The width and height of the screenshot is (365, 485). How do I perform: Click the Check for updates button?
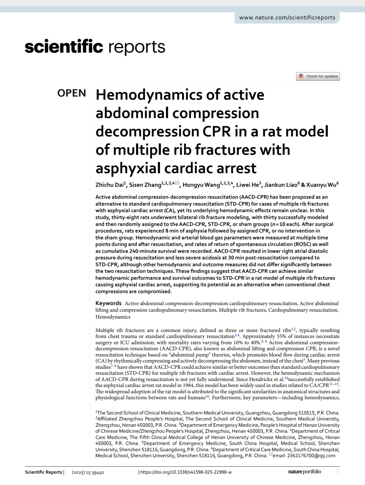(x=318, y=77)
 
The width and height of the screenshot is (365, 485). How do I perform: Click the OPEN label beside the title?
(x=72, y=93)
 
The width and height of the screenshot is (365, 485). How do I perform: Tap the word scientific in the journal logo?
(x=64, y=47)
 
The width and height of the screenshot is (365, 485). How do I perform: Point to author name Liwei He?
(x=247, y=185)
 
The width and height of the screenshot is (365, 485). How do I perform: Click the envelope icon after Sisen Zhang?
(x=177, y=183)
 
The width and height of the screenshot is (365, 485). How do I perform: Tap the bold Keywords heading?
(x=108, y=303)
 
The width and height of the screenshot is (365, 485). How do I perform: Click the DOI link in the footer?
(x=186, y=472)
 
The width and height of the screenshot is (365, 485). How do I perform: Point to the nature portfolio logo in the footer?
(x=305, y=472)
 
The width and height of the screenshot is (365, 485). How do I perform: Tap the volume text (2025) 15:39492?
(x=88, y=472)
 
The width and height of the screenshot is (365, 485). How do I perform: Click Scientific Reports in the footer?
(x=43, y=472)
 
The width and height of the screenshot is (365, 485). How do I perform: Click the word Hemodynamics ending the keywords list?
(x=113, y=317)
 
